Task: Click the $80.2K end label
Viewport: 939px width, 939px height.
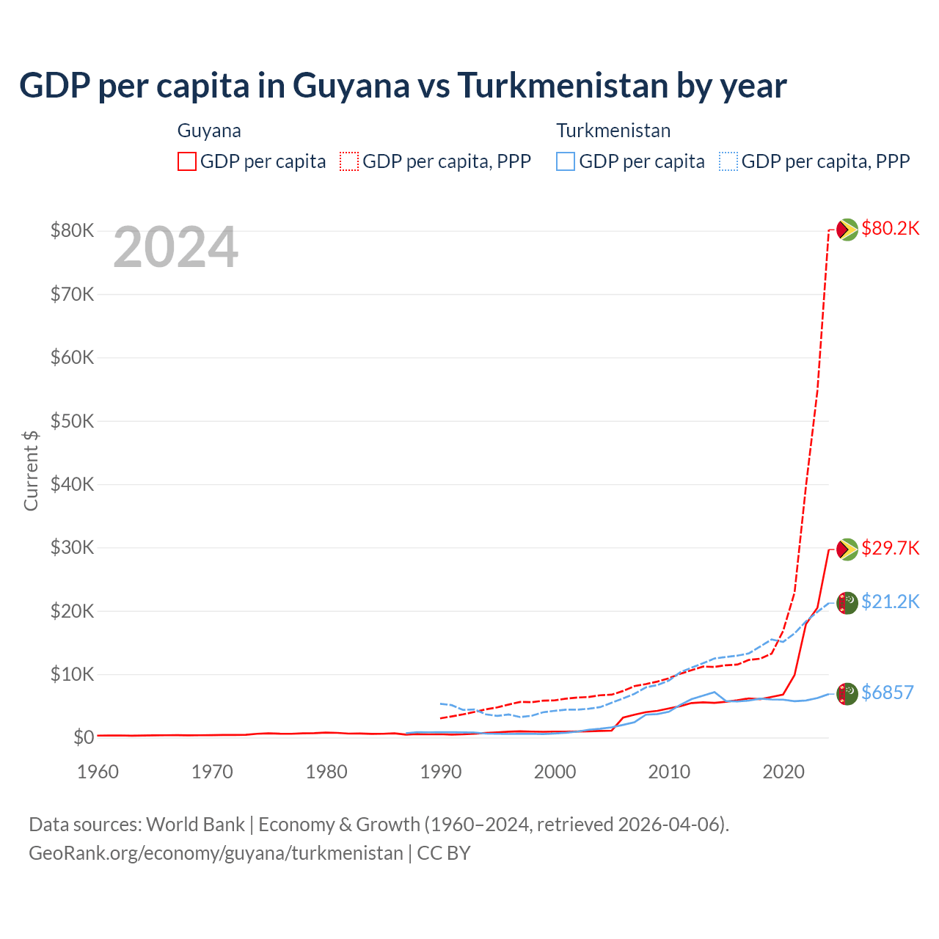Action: [x=890, y=229]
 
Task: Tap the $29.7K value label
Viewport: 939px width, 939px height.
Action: [x=890, y=549]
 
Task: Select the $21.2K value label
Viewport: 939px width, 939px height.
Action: [x=890, y=602]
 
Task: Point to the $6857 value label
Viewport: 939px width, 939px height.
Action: [x=887, y=693]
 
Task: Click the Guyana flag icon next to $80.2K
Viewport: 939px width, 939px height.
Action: [x=847, y=230]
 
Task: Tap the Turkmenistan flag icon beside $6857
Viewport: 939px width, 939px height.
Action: [x=847, y=693]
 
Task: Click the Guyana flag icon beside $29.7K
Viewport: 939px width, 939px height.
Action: [x=847, y=549]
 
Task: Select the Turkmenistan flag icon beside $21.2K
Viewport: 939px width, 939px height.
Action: [x=847, y=602]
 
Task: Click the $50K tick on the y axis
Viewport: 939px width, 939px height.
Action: [x=72, y=422]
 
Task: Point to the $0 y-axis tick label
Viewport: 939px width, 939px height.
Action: [x=83, y=738]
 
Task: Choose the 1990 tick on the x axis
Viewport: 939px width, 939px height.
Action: [x=440, y=772]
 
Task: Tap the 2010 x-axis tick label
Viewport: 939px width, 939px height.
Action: [x=669, y=772]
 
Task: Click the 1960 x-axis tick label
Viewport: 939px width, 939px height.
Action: [x=98, y=772]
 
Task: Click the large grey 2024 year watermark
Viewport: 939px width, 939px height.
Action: [x=175, y=248]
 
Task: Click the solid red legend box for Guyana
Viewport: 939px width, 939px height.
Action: [x=187, y=161]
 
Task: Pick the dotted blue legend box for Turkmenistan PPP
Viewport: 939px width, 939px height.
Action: [x=728, y=161]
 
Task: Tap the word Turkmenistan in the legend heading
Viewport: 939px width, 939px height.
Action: [x=613, y=131]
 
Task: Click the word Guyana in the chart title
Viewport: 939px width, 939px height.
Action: [x=351, y=86]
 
